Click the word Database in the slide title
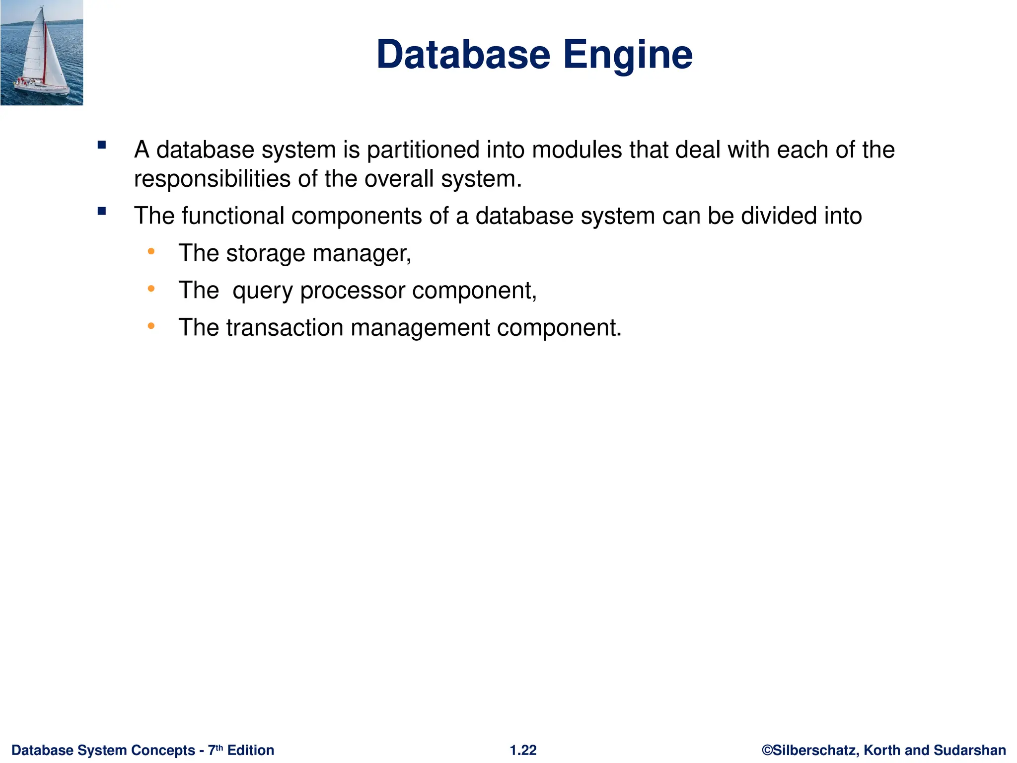(x=463, y=55)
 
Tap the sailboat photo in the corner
(x=42, y=53)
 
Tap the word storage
(x=266, y=254)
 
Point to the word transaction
(x=285, y=328)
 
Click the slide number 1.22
(x=523, y=750)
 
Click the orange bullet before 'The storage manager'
(x=151, y=252)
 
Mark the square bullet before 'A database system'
(x=102, y=146)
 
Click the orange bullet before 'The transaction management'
(x=151, y=326)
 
